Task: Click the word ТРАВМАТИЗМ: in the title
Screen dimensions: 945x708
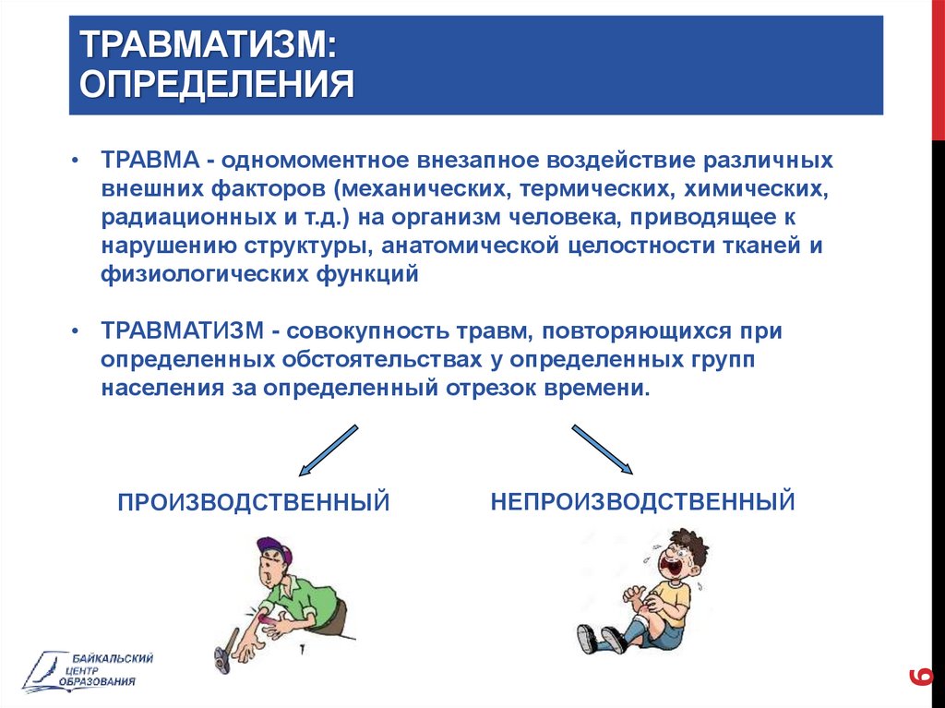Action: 208,44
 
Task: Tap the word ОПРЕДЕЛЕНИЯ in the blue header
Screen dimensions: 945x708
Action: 216,83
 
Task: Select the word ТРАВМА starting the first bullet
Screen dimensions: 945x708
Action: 150,160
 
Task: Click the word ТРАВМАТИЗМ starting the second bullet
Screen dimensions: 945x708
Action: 183,330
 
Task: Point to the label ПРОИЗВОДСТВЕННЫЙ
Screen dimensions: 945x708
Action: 254,502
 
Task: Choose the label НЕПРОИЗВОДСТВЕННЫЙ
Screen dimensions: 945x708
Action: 643,501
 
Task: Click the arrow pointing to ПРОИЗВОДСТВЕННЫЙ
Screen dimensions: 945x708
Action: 329,450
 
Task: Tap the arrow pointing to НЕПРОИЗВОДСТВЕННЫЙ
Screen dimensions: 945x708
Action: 602,450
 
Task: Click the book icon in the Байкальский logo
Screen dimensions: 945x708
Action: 47,671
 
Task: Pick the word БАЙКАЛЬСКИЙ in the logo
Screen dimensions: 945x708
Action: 113,658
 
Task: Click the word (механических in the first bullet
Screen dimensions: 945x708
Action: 420,188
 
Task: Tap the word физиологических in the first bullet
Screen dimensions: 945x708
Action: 204,274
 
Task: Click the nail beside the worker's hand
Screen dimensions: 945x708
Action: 303,650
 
